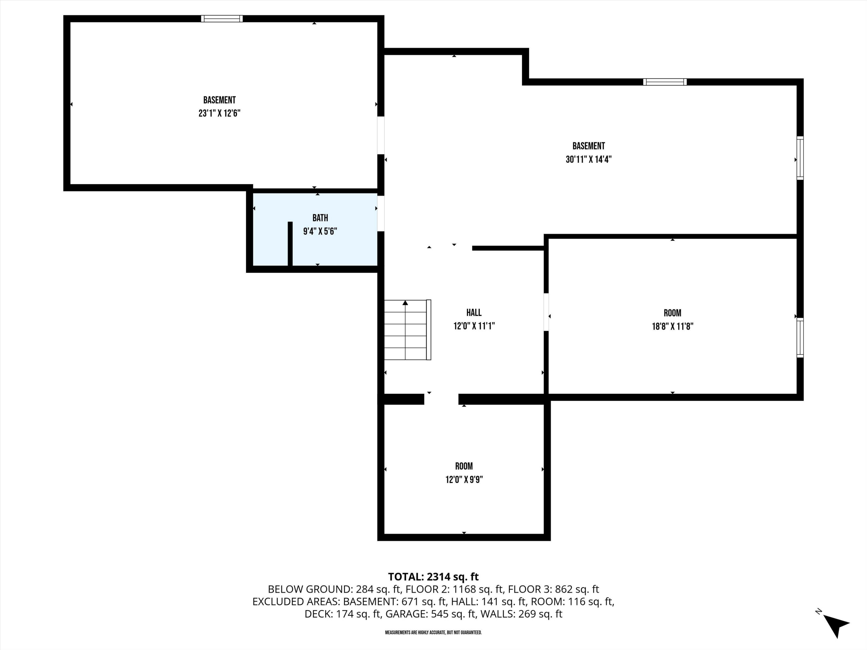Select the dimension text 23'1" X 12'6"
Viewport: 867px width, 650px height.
coord(219,113)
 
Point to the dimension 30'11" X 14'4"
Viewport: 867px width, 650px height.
coord(588,159)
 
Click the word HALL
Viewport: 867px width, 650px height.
coord(474,313)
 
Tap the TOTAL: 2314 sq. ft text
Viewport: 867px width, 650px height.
coord(433,577)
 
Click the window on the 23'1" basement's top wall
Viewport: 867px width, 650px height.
coord(222,18)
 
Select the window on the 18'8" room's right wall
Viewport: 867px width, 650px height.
coord(800,337)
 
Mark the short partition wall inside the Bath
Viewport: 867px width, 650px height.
coord(290,244)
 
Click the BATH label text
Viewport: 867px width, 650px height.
coord(320,218)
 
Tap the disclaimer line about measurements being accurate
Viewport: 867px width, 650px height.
coord(433,632)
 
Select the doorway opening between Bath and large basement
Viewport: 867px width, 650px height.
coord(381,213)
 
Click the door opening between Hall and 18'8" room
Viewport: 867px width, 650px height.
coord(546,312)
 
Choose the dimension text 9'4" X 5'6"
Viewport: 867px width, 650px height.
coord(320,231)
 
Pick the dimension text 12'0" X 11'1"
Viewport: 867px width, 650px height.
coord(474,326)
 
